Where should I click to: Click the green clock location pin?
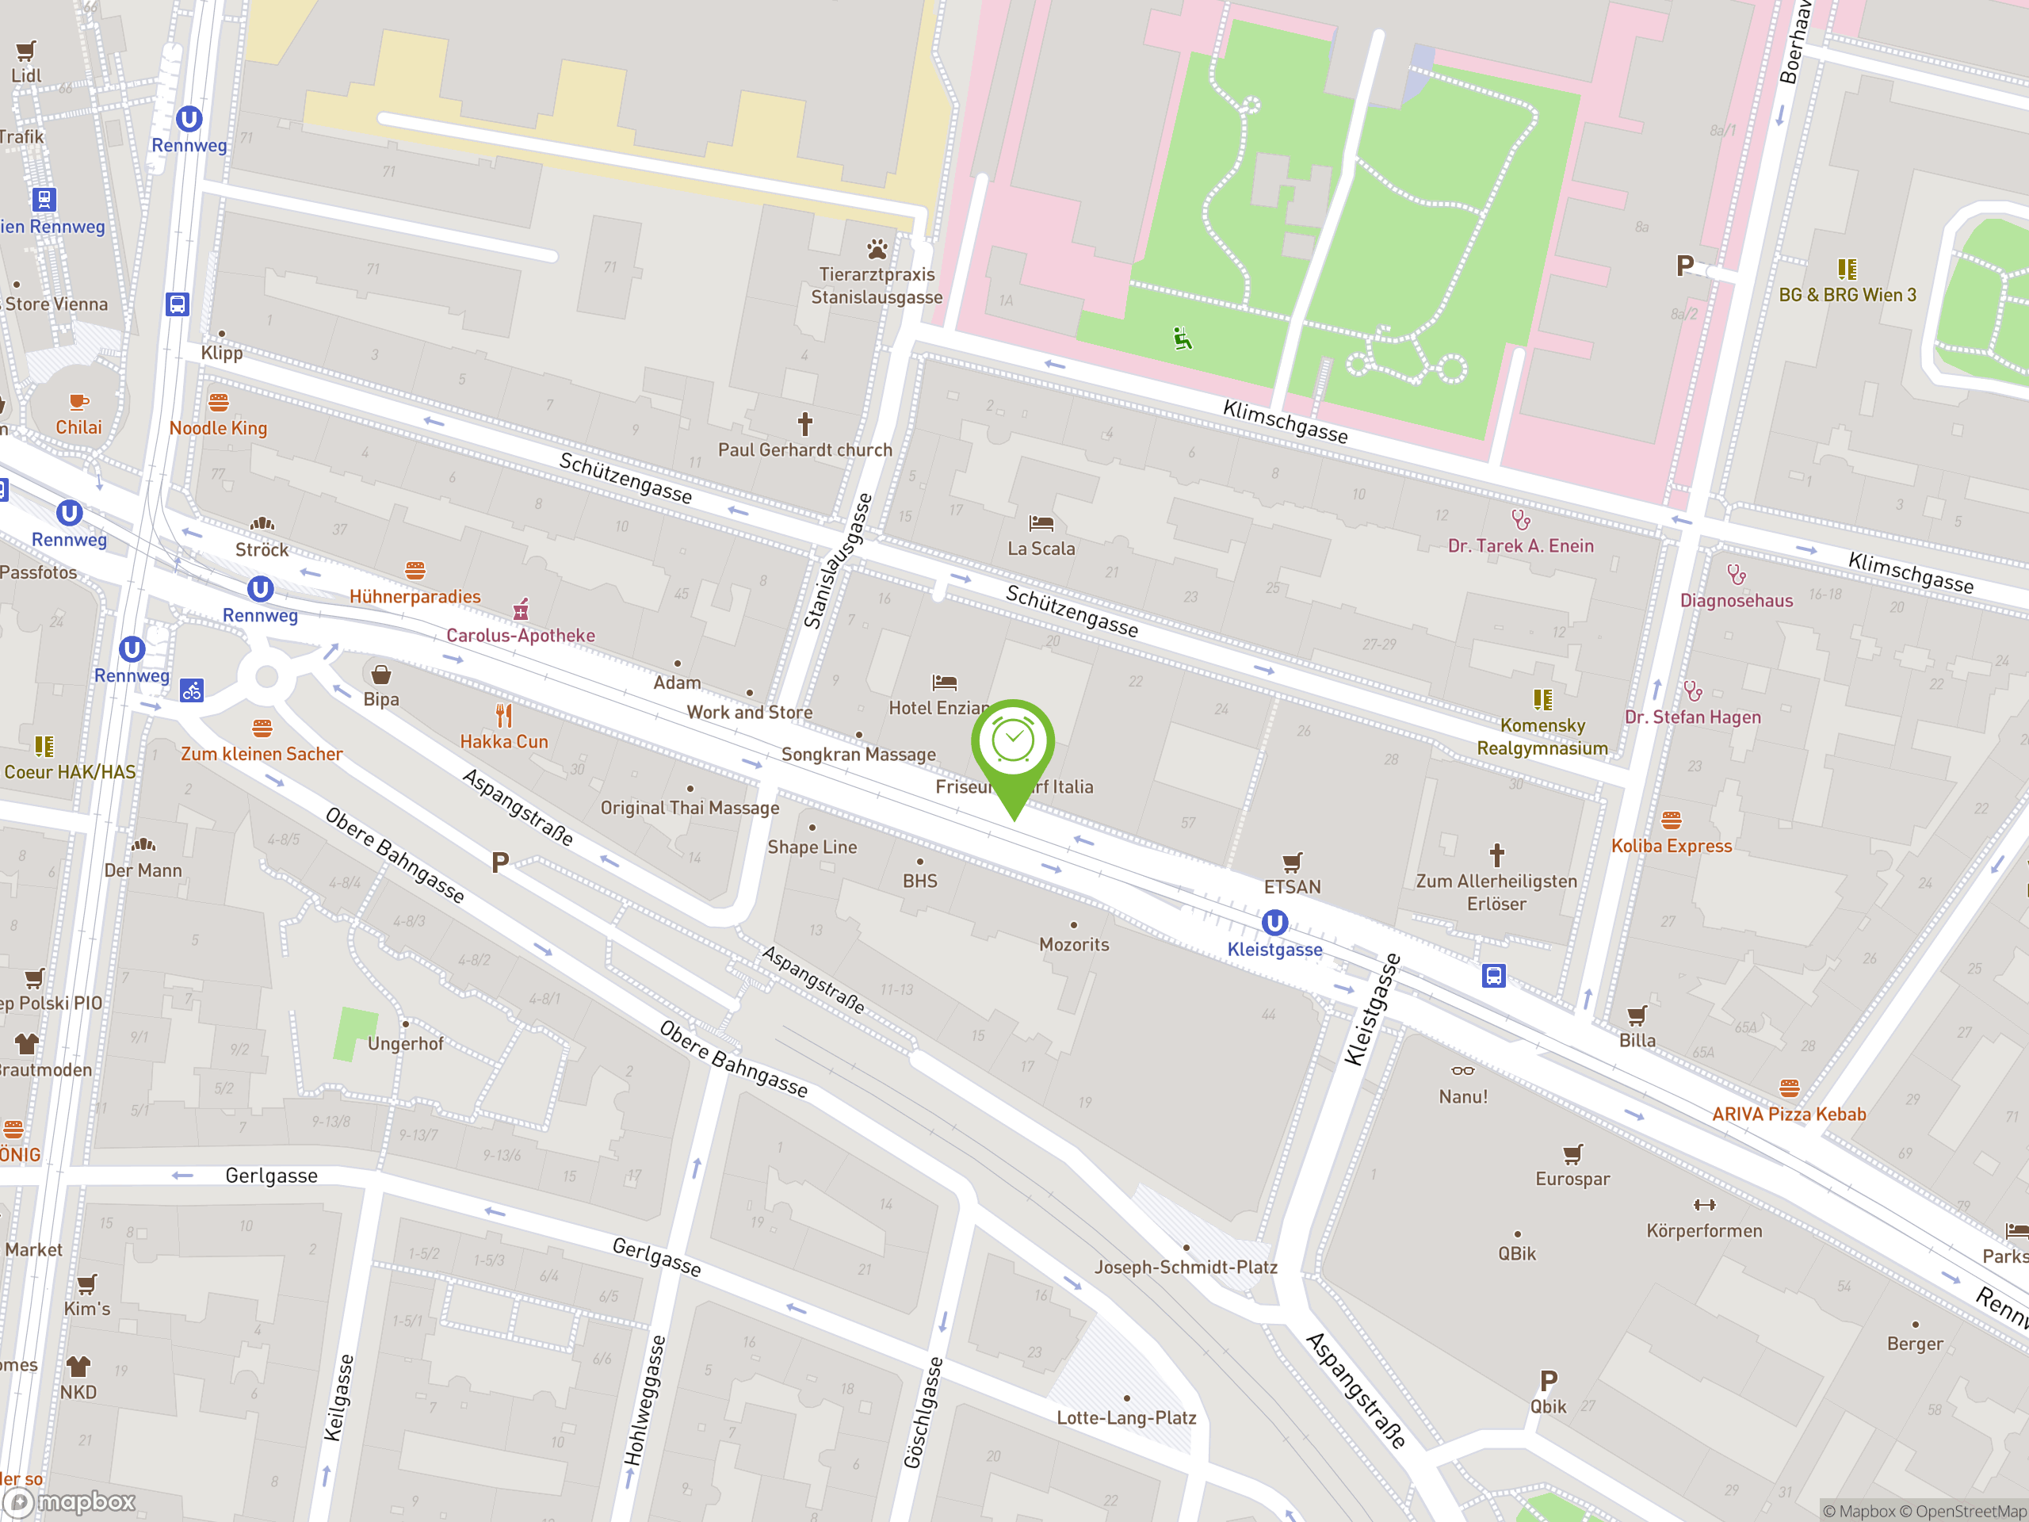tap(1013, 743)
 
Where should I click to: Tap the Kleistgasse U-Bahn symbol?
tap(1274, 922)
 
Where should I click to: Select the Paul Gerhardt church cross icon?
tap(804, 424)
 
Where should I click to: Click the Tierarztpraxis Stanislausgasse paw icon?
tap(877, 249)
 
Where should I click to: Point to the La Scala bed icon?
tap(1041, 524)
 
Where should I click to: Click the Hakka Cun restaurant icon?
tap(503, 716)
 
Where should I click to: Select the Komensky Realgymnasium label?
tap(1542, 736)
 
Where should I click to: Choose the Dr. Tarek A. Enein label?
tap(1520, 546)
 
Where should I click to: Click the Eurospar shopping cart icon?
tap(1572, 1153)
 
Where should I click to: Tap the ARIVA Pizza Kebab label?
tap(1788, 1114)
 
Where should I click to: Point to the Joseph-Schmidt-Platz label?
tap(1185, 1267)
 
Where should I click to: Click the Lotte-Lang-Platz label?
tap(1125, 1417)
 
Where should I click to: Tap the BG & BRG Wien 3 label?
tap(1847, 295)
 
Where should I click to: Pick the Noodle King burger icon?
tap(218, 402)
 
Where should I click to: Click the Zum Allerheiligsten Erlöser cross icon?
tap(1496, 855)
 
